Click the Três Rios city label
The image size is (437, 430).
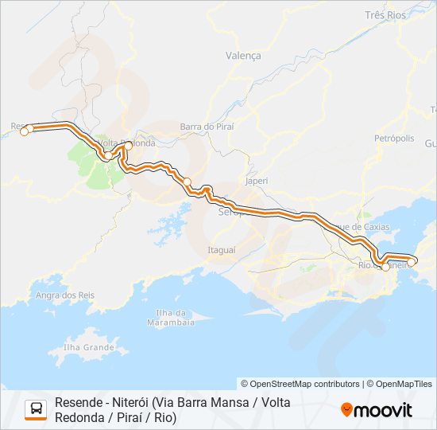click(385, 15)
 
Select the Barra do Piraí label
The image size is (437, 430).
click(207, 126)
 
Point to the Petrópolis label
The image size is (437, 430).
click(394, 138)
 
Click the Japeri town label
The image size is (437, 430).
click(257, 181)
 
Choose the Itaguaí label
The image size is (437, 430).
click(221, 249)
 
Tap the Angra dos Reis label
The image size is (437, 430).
click(65, 295)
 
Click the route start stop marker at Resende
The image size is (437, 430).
click(24, 131)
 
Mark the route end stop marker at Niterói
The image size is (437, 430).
click(412, 260)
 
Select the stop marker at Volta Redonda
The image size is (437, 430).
click(128, 145)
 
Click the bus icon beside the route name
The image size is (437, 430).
click(36, 409)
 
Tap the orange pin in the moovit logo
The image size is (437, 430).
click(346, 410)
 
